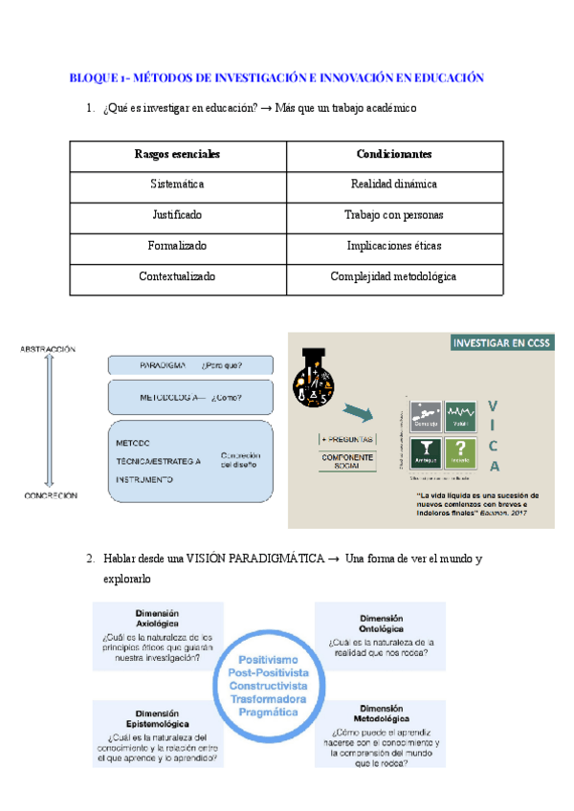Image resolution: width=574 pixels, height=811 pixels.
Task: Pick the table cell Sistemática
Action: pyautogui.click(x=177, y=185)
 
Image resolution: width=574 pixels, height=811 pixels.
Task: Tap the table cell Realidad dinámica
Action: pyautogui.click(x=393, y=185)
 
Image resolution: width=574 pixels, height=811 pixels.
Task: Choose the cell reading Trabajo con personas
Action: pyautogui.click(x=393, y=215)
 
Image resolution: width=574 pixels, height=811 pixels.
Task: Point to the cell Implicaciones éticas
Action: pyautogui.click(x=393, y=246)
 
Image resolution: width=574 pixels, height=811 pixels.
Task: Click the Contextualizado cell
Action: pyautogui.click(x=177, y=276)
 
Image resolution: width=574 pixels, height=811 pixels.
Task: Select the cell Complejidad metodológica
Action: pyautogui.click(x=393, y=276)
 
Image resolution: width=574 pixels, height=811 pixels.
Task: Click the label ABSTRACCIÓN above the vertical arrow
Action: pyautogui.click(x=47, y=350)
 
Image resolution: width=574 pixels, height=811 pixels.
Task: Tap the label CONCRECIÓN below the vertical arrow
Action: pyautogui.click(x=48, y=496)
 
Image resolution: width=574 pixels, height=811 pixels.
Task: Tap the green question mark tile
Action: pyautogui.click(x=462, y=451)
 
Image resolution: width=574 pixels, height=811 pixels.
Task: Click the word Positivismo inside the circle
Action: pyautogui.click(x=268, y=660)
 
